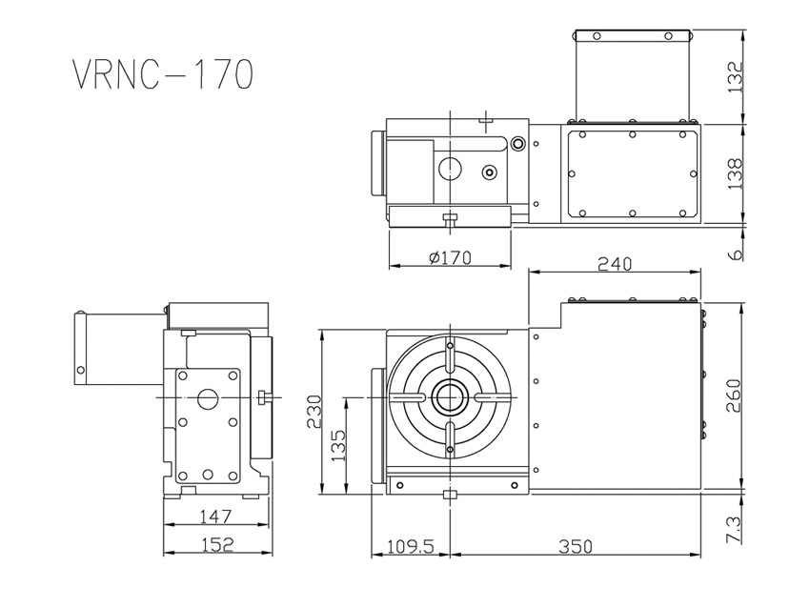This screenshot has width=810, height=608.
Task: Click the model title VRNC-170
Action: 162,73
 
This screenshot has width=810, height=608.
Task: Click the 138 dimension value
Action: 734,174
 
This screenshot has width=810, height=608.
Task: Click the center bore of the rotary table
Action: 448,395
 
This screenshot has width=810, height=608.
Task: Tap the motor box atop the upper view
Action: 632,75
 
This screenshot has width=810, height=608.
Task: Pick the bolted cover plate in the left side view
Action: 205,424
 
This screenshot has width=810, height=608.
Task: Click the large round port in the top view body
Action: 450,170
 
